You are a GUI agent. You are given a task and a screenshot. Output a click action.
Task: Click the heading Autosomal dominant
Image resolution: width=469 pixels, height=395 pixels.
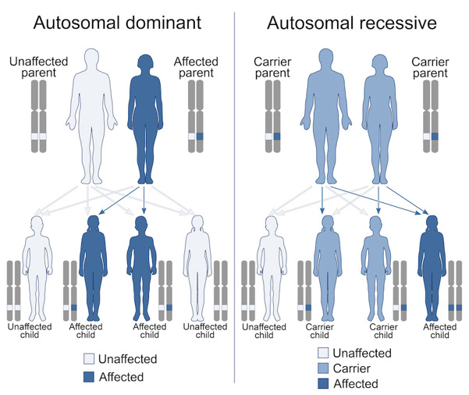[x=116, y=23]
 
